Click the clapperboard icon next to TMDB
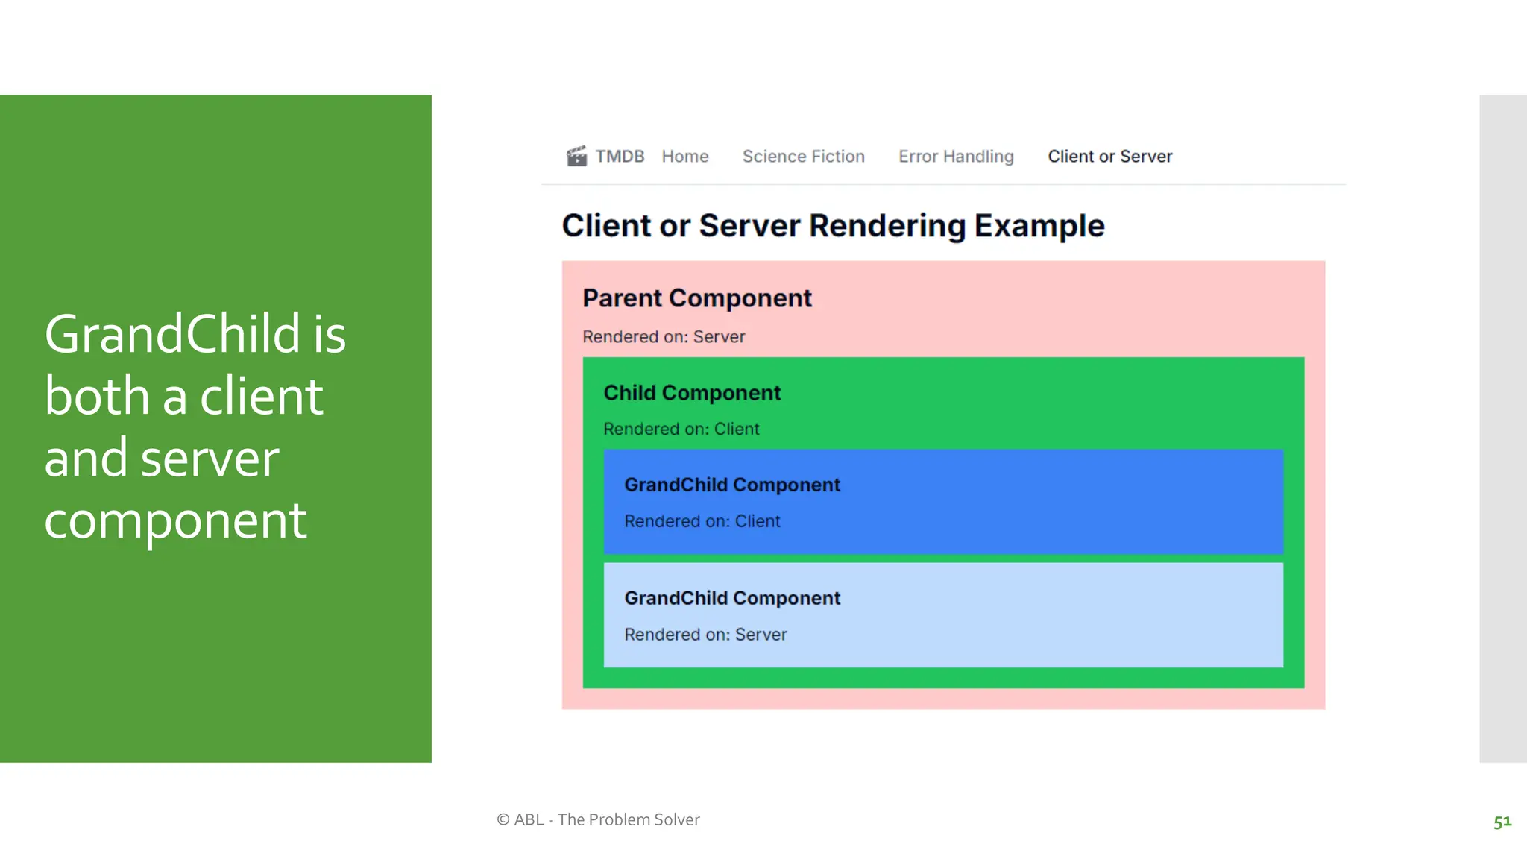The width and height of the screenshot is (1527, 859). (576, 156)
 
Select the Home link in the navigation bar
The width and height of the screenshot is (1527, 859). (684, 157)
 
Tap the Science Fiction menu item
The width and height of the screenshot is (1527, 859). (803, 157)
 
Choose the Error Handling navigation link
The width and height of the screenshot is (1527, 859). (956, 157)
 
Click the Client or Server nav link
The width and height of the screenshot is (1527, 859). (1109, 157)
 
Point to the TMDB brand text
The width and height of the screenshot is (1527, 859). (620, 157)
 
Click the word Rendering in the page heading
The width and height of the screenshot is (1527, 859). (887, 226)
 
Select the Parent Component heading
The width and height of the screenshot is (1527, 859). (696, 298)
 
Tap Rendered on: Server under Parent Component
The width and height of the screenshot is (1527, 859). (664, 337)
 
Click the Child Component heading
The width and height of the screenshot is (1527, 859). (692, 393)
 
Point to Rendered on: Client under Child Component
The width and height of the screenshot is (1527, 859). (681, 429)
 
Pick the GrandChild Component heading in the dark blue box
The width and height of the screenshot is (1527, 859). (732, 485)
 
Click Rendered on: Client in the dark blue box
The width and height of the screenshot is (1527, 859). (702, 522)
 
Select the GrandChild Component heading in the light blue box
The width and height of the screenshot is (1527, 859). (732, 599)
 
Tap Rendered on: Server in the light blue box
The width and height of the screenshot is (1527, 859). (705, 635)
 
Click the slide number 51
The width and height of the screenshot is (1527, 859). (1502, 822)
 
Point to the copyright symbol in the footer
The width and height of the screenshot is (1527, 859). (503, 820)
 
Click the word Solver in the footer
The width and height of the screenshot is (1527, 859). (676, 820)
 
